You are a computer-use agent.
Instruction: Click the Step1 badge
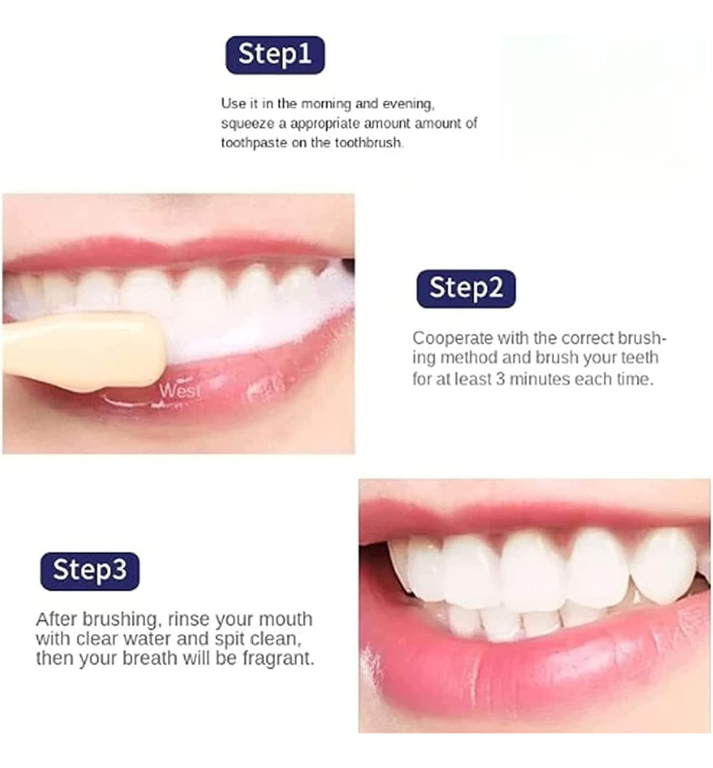coord(275,55)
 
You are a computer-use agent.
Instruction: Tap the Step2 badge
coord(466,289)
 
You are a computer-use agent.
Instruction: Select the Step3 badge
coord(90,571)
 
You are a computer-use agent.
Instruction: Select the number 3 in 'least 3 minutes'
coord(501,379)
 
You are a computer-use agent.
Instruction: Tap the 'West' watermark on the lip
coord(180,391)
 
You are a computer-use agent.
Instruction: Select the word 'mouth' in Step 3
coord(285,620)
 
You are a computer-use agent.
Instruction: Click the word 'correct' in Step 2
coord(587,339)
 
